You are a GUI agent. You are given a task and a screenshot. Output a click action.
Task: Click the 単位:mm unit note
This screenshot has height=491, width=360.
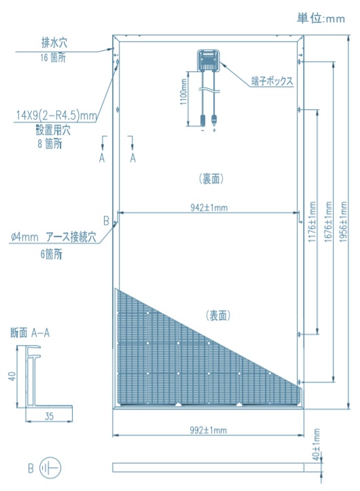point(321,18)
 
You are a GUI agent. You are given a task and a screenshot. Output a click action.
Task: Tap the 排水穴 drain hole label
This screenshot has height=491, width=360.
point(54,43)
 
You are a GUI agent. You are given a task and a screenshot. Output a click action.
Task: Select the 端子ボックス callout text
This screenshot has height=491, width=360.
point(272,81)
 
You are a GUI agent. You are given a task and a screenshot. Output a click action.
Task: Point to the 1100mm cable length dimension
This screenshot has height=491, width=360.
point(183,92)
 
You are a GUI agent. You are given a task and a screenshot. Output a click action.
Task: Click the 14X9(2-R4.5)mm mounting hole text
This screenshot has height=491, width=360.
point(56,115)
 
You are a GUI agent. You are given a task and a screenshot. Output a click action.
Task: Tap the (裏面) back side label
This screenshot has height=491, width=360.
point(211,179)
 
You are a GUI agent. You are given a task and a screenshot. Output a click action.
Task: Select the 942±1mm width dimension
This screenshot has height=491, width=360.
point(209,208)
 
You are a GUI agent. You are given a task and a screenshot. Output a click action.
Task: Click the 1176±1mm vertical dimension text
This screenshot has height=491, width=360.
point(312,221)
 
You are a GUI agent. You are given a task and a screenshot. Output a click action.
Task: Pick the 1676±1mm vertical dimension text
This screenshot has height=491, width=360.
point(328,221)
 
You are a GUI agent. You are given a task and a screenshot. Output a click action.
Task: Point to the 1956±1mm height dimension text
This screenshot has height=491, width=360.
point(344,221)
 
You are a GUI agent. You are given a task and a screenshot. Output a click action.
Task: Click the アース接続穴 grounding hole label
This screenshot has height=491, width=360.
point(71,237)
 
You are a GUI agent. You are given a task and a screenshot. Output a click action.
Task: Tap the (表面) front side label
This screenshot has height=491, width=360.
point(218,315)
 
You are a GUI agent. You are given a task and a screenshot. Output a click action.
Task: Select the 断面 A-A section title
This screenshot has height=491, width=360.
point(30,333)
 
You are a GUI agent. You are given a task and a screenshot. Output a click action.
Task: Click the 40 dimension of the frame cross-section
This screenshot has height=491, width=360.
point(12,376)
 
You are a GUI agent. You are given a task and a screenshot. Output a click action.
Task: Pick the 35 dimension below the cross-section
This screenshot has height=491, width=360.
point(49,416)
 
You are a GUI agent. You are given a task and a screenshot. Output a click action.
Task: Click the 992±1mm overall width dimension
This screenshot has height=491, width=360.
point(208,430)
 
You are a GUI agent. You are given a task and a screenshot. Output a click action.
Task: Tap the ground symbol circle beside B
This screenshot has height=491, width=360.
point(50,469)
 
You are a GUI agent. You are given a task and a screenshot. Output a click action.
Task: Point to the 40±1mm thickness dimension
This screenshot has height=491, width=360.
point(317,444)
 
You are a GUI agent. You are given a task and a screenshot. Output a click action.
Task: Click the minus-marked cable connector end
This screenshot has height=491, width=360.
point(202,120)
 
